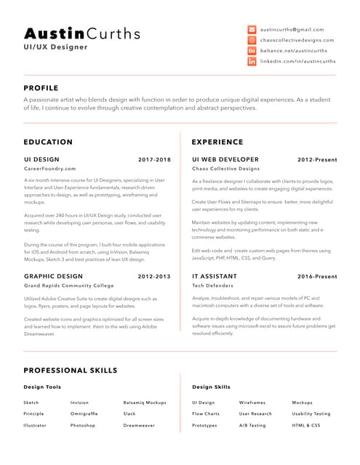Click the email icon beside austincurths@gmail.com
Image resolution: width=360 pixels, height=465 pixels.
click(252, 29)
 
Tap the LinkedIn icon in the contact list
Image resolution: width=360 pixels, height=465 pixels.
click(252, 62)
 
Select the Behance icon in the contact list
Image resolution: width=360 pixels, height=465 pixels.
click(252, 52)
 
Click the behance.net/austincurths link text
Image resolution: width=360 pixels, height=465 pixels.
click(294, 52)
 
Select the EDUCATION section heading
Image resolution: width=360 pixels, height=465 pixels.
click(48, 142)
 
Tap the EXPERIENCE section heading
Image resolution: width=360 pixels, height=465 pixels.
click(217, 142)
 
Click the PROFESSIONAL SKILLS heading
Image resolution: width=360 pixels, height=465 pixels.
click(71, 371)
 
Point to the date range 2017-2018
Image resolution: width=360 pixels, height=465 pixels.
click(154, 159)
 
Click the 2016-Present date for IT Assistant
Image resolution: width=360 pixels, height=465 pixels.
click(317, 277)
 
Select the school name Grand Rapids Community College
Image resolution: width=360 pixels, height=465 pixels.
click(69, 286)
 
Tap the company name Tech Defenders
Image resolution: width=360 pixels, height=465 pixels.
click(213, 286)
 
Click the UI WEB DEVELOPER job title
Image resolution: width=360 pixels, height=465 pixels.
click(225, 159)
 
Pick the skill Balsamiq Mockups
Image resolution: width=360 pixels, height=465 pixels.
click(145, 402)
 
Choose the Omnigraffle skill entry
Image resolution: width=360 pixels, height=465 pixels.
click(84, 413)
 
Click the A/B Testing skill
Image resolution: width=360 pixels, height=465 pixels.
click(252, 425)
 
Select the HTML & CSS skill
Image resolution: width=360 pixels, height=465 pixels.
click(306, 425)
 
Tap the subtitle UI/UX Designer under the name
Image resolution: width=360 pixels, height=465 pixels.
click(55, 47)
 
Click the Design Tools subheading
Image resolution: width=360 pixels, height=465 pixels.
click(42, 387)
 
